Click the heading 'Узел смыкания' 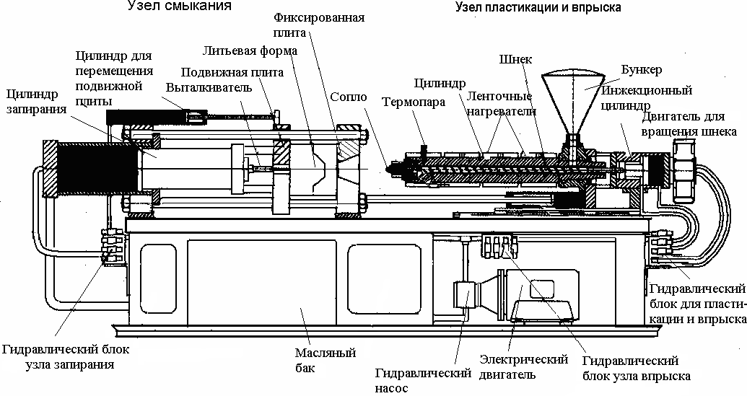[x=179, y=6]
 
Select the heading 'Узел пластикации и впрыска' [x=538, y=8]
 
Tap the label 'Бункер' [x=641, y=70]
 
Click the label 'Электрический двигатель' [x=523, y=367]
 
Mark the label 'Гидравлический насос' [x=423, y=381]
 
